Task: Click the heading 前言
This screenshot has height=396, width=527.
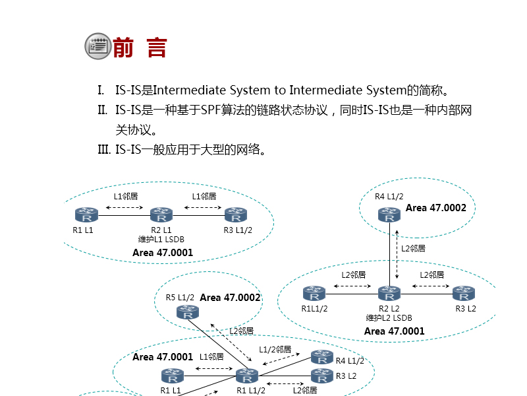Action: pos(140,48)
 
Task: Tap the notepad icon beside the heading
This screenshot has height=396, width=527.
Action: pos(97,46)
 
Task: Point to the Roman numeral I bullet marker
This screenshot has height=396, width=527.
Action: pos(101,90)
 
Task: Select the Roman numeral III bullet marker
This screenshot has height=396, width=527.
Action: pos(103,149)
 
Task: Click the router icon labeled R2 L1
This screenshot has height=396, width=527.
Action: pos(161,215)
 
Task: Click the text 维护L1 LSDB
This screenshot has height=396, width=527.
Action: pos(161,239)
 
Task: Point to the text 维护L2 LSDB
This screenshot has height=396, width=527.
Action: pos(389,317)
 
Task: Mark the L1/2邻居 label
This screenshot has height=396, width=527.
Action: pos(275,349)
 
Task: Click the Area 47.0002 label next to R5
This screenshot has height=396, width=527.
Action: pos(231,298)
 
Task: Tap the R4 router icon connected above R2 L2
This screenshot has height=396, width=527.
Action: pos(389,214)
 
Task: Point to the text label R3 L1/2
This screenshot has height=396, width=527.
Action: pos(238,230)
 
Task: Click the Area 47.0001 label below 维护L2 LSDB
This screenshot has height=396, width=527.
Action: pos(395,331)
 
